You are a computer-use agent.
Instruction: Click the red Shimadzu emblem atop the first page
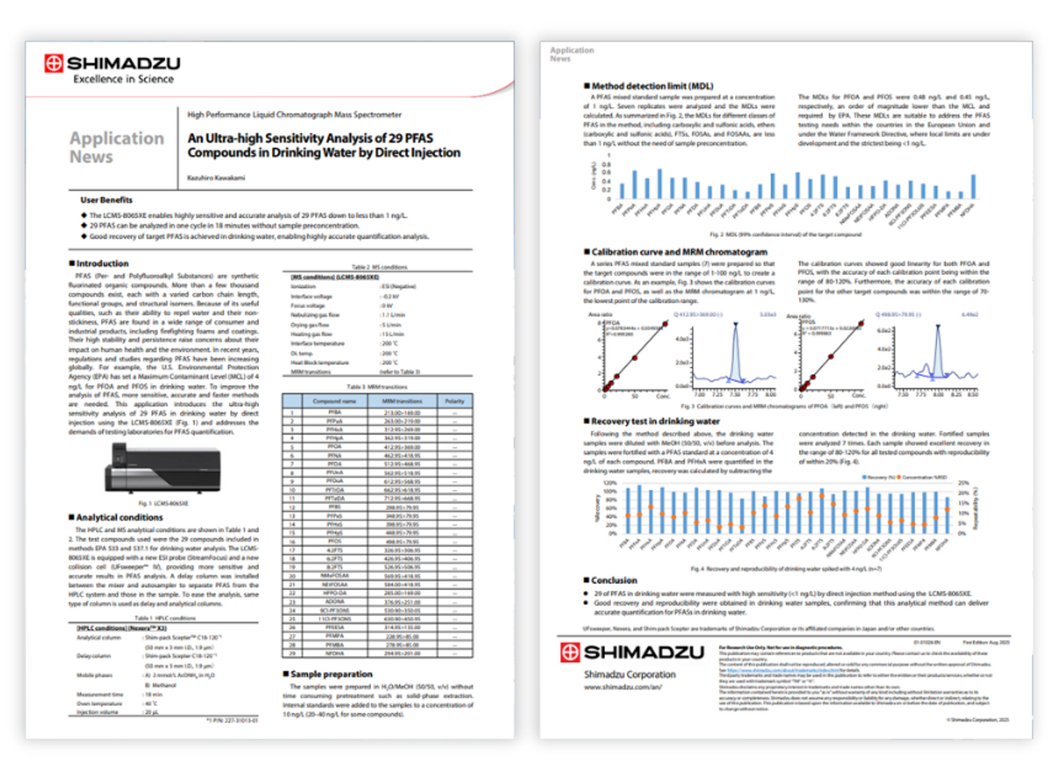(53, 64)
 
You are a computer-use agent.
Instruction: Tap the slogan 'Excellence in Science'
(124, 79)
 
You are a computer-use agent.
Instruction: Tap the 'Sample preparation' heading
(331, 674)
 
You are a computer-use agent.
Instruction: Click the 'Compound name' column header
(334, 401)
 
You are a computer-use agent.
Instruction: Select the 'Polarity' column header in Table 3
(455, 401)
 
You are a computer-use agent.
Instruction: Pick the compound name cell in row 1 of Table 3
(334, 412)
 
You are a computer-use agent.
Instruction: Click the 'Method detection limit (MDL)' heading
(652, 86)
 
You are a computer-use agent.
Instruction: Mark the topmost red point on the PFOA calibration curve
(665, 324)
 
